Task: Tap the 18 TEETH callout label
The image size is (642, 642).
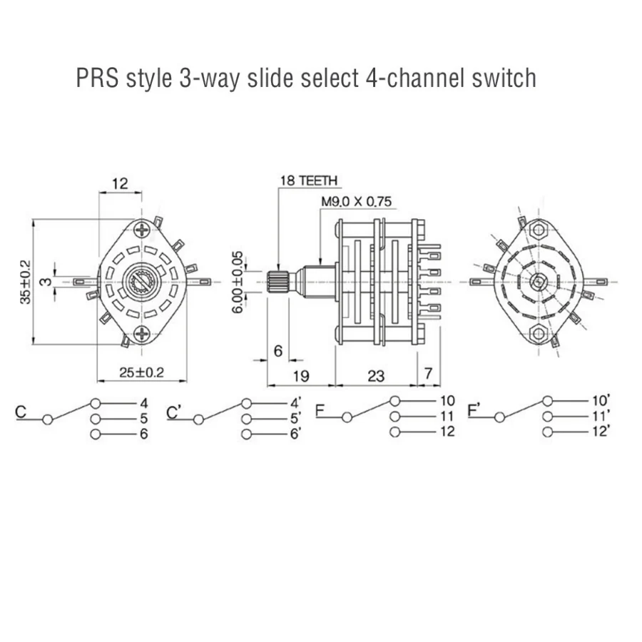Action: tap(308, 181)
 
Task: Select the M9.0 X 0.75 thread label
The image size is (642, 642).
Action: tap(355, 202)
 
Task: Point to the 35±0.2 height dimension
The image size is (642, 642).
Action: tap(25, 281)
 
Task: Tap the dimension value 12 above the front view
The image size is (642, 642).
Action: tap(119, 184)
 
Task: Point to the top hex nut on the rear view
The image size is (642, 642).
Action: tap(538, 230)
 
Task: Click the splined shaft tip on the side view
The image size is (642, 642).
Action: tap(277, 282)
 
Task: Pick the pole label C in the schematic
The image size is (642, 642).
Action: tap(21, 412)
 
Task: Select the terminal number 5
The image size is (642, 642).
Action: tap(143, 418)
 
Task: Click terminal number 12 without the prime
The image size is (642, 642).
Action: tap(447, 431)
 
